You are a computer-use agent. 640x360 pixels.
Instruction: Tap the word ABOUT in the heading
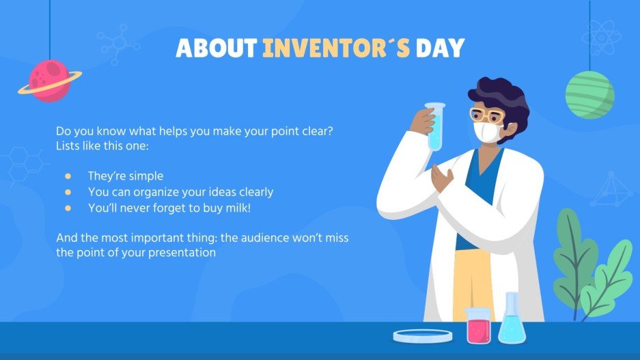(217, 48)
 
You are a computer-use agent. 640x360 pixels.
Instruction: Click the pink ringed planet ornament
(50, 81)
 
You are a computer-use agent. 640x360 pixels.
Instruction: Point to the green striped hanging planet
(589, 94)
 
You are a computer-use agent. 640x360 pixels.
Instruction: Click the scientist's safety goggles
(486, 114)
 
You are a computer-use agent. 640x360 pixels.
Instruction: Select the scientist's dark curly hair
(502, 96)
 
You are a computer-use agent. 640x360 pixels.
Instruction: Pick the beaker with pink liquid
(478, 326)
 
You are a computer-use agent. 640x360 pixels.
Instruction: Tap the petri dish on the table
(422, 335)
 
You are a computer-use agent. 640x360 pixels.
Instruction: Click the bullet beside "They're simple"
(68, 176)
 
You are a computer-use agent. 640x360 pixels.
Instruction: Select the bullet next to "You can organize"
(68, 192)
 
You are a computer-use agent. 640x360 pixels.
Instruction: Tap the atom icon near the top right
(601, 38)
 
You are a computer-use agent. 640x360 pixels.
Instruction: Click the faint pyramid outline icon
(611, 189)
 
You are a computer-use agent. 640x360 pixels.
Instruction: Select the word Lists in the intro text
(68, 146)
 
